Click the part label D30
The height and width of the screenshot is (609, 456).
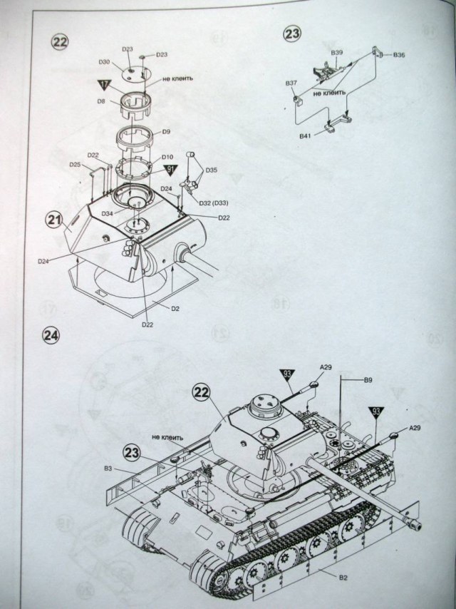point(104,62)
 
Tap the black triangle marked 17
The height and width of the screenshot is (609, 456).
point(105,85)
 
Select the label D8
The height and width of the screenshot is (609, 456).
point(101,102)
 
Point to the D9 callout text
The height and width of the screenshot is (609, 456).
point(166,132)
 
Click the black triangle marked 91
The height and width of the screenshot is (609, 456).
point(170,169)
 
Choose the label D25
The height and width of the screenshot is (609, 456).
point(76,165)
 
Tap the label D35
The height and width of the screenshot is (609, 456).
point(211,170)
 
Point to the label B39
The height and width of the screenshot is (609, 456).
point(337,53)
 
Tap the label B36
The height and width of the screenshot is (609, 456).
point(398,56)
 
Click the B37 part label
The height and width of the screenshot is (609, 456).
point(291,83)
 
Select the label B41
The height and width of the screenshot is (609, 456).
point(306,135)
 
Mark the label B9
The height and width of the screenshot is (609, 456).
point(368,381)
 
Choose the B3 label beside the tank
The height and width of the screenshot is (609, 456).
point(108,468)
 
